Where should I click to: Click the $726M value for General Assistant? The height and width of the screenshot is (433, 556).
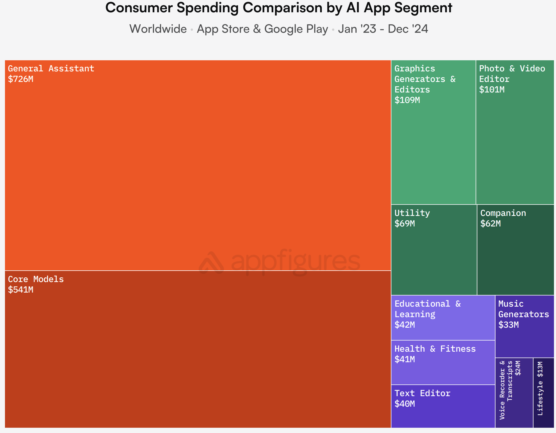(21, 79)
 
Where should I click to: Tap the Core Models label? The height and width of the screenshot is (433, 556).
(36, 279)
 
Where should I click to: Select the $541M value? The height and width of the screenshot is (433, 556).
(21, 290)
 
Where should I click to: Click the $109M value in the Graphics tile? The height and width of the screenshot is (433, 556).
(407, 100)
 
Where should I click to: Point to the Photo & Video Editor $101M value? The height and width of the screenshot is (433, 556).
(492, 90)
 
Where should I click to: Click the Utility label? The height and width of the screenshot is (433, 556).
(412, 213)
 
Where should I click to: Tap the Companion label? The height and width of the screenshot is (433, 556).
(503, 213)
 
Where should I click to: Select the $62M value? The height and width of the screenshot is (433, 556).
(491, 224)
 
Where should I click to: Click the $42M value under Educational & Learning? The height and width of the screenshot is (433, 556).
(405, 325)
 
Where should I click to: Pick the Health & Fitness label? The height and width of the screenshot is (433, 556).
(435, 349)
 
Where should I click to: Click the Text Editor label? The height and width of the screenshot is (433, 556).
(422, 393)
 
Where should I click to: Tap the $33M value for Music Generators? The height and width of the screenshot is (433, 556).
(509, 325)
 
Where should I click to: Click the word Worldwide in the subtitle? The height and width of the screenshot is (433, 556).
(158, 29)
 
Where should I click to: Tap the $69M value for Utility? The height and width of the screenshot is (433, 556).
(405, 224)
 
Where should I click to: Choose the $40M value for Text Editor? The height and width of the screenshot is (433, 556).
(405, 404)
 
